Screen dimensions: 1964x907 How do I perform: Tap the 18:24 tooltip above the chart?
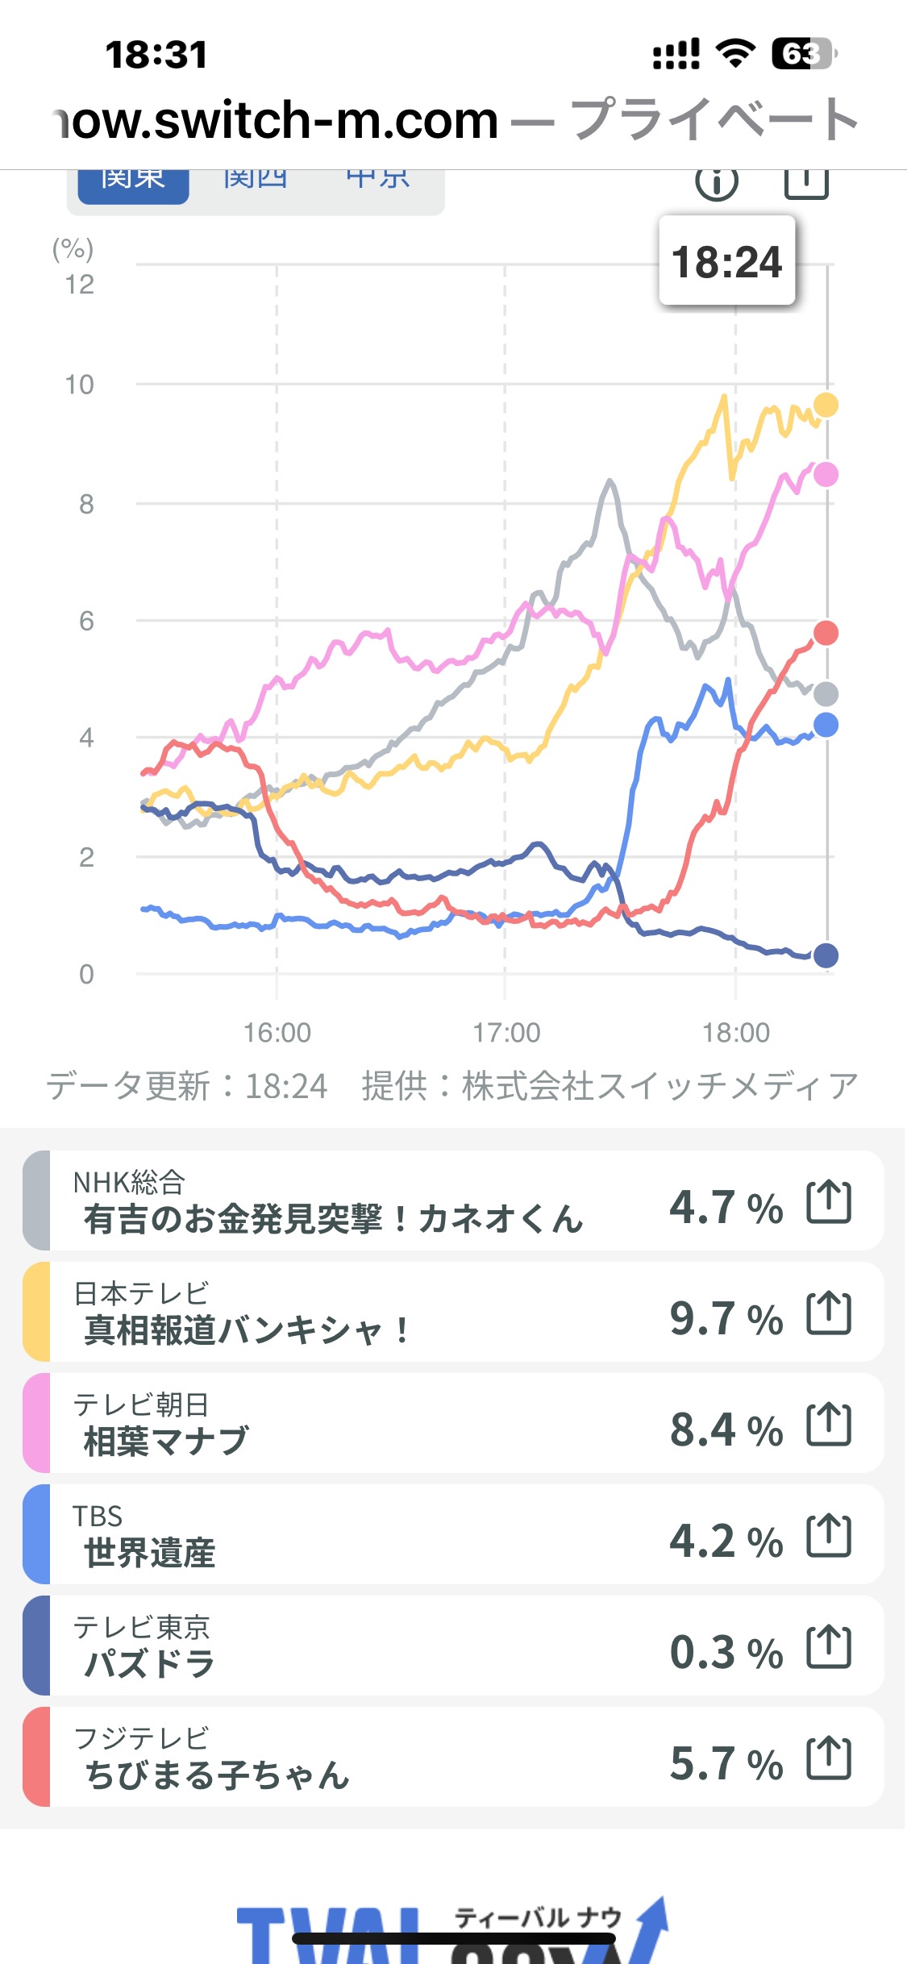point(726,261)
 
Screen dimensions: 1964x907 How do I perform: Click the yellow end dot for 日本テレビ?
point(826,405)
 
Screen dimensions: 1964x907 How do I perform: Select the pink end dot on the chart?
point(826,475)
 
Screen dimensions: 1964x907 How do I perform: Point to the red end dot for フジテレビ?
point(826,633)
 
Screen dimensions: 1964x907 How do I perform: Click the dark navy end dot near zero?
point(826,955)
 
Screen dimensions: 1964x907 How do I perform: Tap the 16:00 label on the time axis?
point(277,1032)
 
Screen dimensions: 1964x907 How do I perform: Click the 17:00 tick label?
point(506,1032)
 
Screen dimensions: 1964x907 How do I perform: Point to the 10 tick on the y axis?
point(80,385)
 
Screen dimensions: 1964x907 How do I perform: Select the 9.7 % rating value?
point(726,1318)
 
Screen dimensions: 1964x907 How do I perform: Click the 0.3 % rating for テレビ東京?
point(726,1652)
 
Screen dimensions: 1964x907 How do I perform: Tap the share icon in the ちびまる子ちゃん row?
point(829,1758)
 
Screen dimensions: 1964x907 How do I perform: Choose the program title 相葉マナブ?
point(166,1441)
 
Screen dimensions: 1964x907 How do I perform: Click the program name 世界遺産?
point(150,1552)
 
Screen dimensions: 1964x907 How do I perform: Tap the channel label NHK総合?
point(129,1183)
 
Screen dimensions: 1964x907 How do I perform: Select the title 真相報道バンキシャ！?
point(247,1329)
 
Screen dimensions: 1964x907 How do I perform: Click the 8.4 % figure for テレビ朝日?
point(726,1429)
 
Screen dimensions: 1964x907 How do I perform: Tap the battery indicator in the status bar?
point(803,54)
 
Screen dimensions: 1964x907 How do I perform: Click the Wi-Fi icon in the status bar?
point(735,53)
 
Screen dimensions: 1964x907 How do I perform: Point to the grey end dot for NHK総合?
point(826,693)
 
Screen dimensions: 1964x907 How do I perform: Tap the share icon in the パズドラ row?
point(829,1646)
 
